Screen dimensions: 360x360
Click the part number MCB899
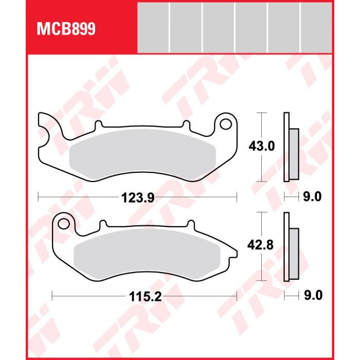pyautogui.click(x=66, y=29)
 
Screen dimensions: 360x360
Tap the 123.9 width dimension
pyautogui.click(x=138, y=197)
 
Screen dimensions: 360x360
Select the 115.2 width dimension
pyautogui.click(x=146, y=297)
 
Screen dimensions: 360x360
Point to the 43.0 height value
pyautogui.click(x=261, y=146)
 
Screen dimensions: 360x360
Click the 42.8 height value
pyautogui.click(x=260, y=245)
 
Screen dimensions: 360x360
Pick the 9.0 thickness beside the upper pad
pyautogui.click(x=312, y=197)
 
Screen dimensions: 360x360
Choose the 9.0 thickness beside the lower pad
pyautogui.click(x=313, y=295)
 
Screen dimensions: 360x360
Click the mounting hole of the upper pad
pyautogui.click(x=226, y=124)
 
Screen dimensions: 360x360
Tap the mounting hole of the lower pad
pyautogui.click(x=63, y=224)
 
